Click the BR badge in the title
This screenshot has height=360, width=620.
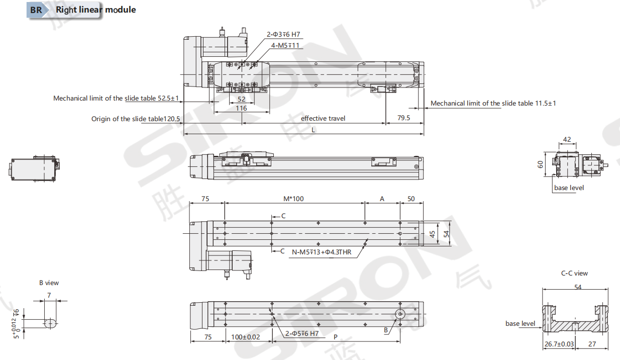36,10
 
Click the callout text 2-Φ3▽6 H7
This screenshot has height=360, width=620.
283,34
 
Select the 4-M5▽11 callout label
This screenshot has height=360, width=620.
285,45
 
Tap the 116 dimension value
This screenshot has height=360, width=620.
241,108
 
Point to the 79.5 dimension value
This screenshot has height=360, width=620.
403,118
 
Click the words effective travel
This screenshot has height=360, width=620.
323,119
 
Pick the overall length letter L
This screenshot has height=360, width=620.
313,130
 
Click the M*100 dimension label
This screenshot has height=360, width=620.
293,199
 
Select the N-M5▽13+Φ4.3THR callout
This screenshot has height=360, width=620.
322,252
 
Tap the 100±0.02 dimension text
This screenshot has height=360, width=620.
246,337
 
